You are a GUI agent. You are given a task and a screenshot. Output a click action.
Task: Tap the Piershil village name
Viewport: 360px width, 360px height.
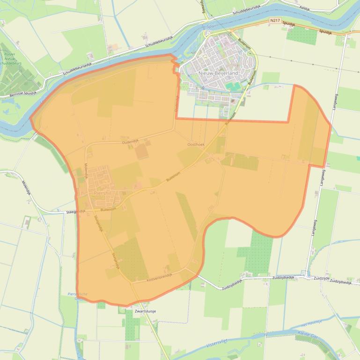click(x=102, y=192)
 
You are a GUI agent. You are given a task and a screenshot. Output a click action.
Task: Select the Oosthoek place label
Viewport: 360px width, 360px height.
click(x=196, y=145)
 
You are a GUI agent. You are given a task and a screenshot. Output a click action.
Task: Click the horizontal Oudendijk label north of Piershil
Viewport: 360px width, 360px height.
click(x=131, y=141)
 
